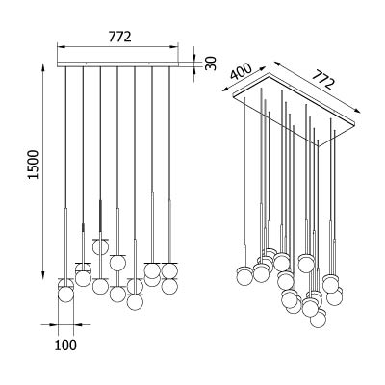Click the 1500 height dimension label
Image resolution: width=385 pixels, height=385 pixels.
tap(33, 164)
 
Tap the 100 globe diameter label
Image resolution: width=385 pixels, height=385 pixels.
tap(65, 346)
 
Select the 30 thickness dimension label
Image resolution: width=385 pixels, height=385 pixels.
tap(211, 63)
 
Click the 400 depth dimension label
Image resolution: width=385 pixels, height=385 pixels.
tap(241, 72)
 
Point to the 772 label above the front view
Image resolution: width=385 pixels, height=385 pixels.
tap(119, 37)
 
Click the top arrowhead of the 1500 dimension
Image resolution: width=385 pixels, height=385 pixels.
tap(42, 68)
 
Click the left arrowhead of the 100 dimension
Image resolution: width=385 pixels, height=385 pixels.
tap(53, 324)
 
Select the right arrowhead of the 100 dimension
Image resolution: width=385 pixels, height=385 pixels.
tap(79, 324)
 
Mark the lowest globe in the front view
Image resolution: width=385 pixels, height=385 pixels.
tap(135, 302)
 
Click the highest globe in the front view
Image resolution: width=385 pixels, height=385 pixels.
tap(100, 247)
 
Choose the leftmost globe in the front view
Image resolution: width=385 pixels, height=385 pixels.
tap(65, 295)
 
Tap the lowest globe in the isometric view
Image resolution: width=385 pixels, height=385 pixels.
tap(319, 320)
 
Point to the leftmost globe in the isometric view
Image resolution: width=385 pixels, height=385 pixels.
tap(244, 276)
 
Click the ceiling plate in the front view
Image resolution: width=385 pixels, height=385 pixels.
tap(117, 64)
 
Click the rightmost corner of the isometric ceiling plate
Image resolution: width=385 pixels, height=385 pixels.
tap(355, 122)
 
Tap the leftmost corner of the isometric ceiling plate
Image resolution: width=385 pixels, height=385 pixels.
tap(233, 94)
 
